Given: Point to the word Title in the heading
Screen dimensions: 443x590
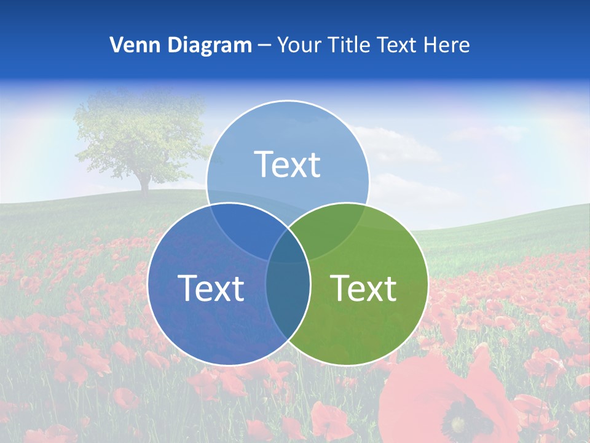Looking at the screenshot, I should coord(345,45).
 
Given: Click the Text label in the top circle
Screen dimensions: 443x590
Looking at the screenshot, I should coord(287,164).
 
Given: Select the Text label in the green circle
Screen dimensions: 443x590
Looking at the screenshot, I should coord(363,288).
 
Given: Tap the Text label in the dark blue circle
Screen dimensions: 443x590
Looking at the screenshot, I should coord(211,288).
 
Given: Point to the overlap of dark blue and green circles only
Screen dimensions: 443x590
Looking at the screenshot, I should coord(288,295).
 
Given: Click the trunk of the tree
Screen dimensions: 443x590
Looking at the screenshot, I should coord(144,182).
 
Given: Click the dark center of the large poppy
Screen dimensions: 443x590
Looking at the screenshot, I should coord(458,425).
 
